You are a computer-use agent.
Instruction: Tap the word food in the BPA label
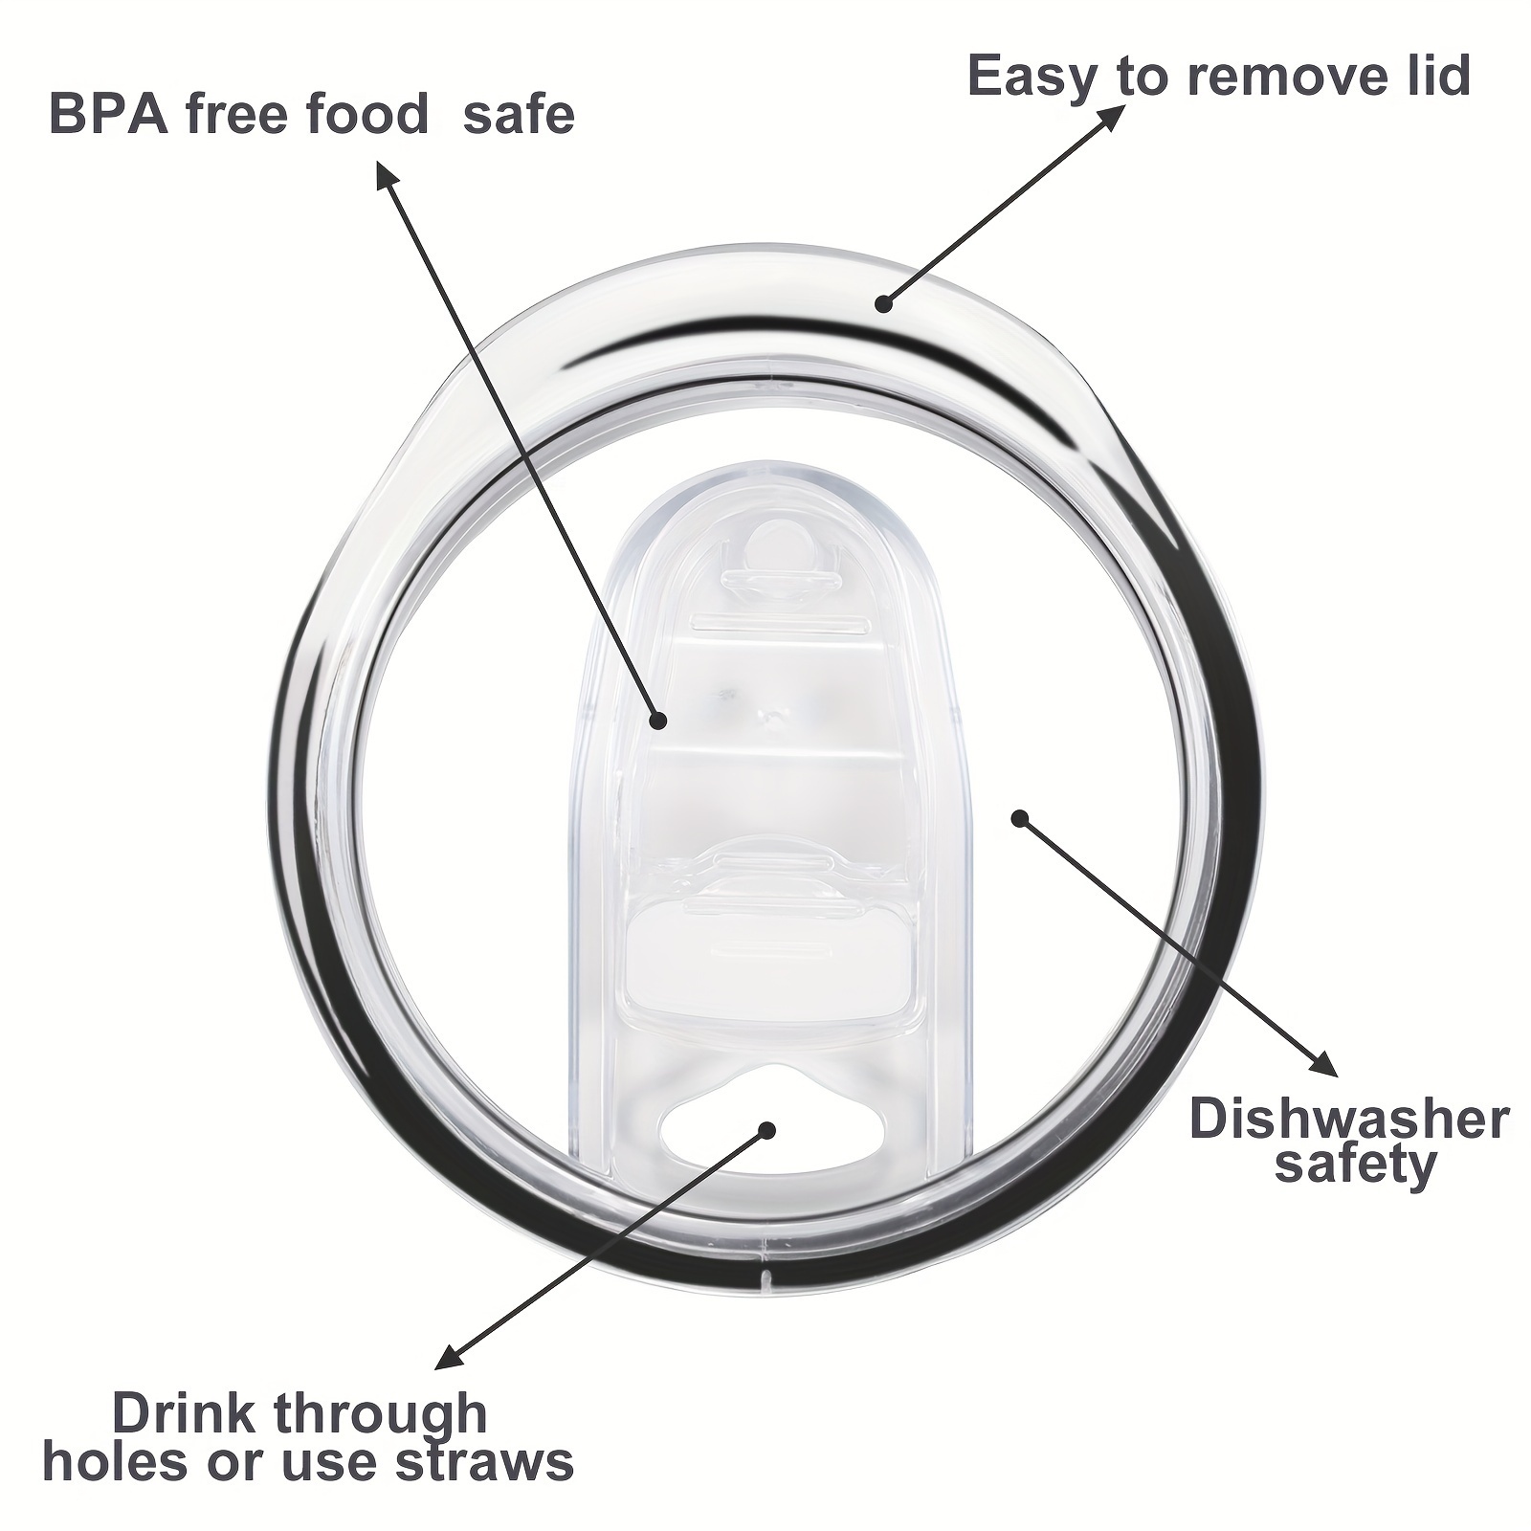pyautogui.click(x=367, y=114)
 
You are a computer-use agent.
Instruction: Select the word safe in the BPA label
pyautogui.click(x=519, y=115)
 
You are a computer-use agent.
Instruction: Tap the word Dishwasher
pyautogui.click(x=1349, y=1119)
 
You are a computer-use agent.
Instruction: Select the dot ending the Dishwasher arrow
pyautogui.click(x=1019, y=818)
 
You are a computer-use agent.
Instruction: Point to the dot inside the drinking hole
pyautogui.click(x=765, y=1129)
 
